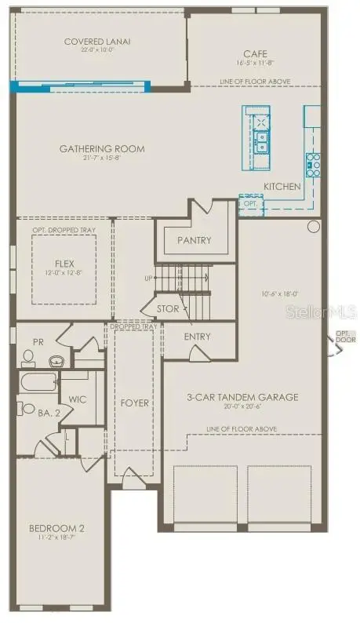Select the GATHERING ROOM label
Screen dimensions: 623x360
102,148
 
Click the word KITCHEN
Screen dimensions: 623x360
282,187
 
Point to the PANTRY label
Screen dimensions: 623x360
195,240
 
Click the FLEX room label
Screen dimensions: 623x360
64,264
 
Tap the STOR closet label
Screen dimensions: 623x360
168,308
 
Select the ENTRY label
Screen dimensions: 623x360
198,337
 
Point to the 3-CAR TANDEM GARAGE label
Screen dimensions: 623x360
242,397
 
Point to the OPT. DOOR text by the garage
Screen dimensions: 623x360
345,337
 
